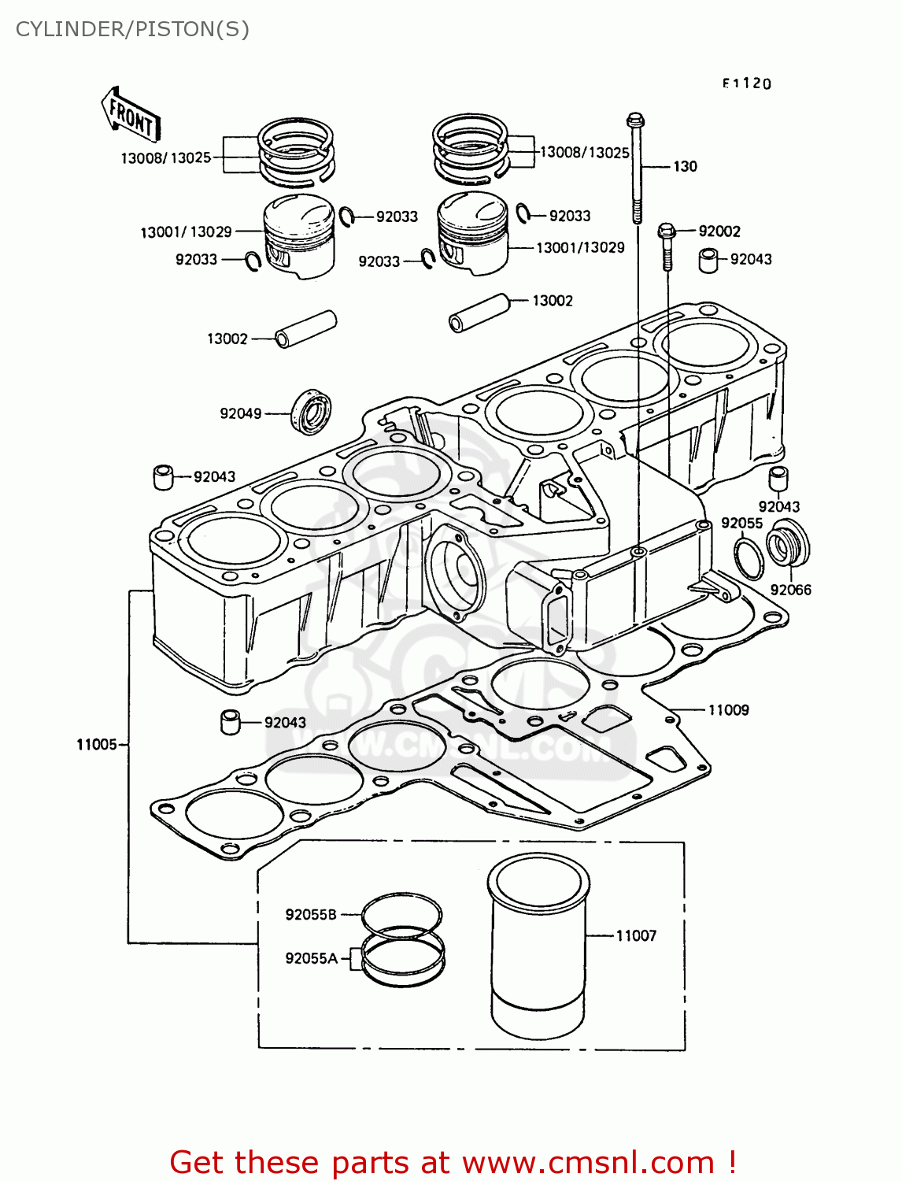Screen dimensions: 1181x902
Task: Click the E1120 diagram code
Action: [747, 83]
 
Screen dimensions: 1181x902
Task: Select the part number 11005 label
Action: [96, 744]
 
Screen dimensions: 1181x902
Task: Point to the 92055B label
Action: [310, 914]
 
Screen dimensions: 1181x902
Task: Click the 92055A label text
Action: [311, 958]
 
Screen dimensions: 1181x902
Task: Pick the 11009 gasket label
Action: [728, 709]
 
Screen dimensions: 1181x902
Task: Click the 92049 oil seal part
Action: [312, 411]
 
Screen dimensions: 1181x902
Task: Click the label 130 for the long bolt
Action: [685, 166]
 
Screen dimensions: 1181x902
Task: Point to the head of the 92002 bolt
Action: [666, 231]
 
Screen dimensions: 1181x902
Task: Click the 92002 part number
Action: [719, 231]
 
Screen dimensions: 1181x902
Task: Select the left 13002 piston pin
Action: [306, 329]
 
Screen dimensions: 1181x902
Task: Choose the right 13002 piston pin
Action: [479, 313]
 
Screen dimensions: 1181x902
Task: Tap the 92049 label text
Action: [240, 413]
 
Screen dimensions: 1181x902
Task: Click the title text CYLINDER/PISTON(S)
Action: [132, 29]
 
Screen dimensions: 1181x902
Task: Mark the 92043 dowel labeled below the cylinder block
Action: [230, 721]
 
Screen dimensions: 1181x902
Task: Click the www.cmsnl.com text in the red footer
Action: [587, 1162]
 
